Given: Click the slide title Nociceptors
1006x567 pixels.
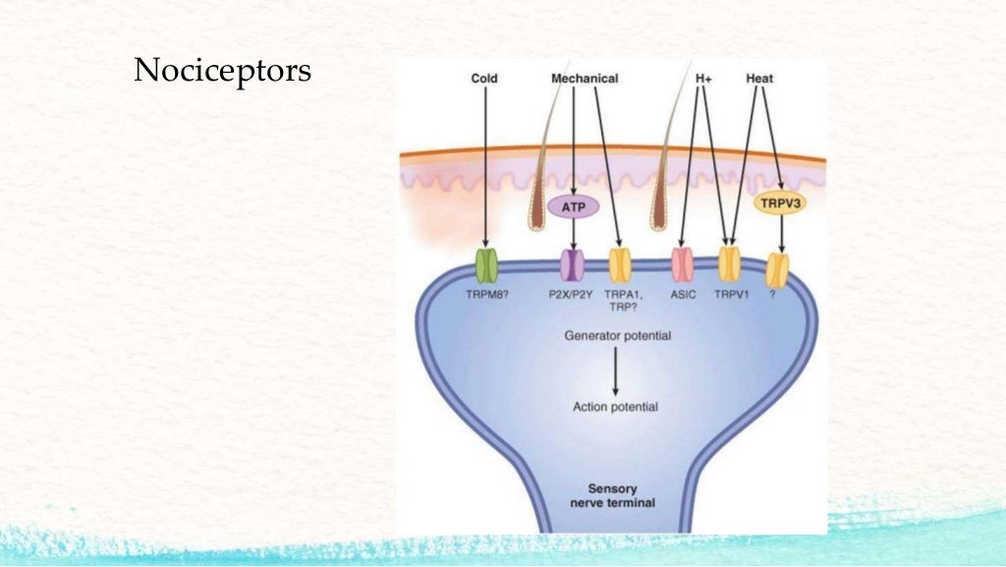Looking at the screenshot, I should point(222,72).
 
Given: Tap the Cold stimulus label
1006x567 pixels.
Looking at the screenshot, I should point(485,78).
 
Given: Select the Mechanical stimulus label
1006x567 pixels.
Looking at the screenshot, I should point(585,78).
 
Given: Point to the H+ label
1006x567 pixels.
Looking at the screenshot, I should point(703,78).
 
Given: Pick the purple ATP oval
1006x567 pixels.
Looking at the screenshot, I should point(573,207).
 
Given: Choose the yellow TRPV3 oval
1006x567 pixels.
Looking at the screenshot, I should point(780,203).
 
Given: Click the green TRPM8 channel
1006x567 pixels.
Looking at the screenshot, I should point(486,265).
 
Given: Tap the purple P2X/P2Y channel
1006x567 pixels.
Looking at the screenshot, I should point(572,265).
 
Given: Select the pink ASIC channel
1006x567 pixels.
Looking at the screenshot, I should point(682,265).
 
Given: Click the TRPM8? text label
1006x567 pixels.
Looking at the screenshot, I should point(487,294).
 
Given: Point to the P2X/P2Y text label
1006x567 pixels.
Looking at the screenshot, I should point(571,294).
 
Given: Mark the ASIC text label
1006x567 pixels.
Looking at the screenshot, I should point(683,294).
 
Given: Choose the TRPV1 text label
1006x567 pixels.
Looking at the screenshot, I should point(730,294).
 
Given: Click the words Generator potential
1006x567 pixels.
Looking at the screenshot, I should point(618,336).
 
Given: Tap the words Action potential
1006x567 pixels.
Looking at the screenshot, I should point(615,407).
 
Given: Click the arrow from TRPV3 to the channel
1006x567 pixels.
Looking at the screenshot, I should point(781,235).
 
